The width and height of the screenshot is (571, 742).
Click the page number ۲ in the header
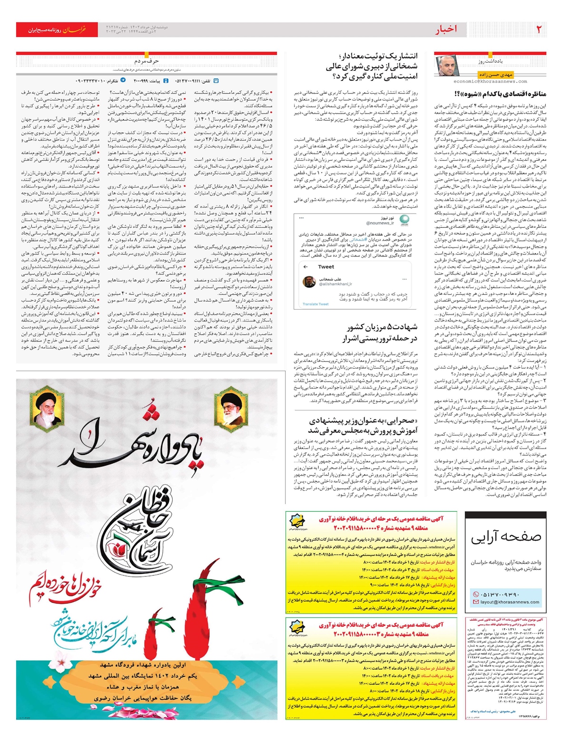pyautogui.click(x=539, y=29)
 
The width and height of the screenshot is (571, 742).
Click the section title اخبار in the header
pyautogui.click(x=446, y=29)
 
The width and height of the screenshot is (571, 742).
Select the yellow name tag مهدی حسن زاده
pyautogui.click(x=495, y=75)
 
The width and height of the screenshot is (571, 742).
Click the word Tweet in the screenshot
pyautogui.click(x=326, y=266)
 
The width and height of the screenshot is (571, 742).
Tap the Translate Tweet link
pyautogui.click(x=315, y=304)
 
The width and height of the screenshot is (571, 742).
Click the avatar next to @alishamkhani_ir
pyautogui.click(x=309, y=281)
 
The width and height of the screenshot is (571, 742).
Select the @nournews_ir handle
pyautogui.click(x=380, y=223)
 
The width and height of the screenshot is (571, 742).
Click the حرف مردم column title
pyautogui.click(x=147, y=61)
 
